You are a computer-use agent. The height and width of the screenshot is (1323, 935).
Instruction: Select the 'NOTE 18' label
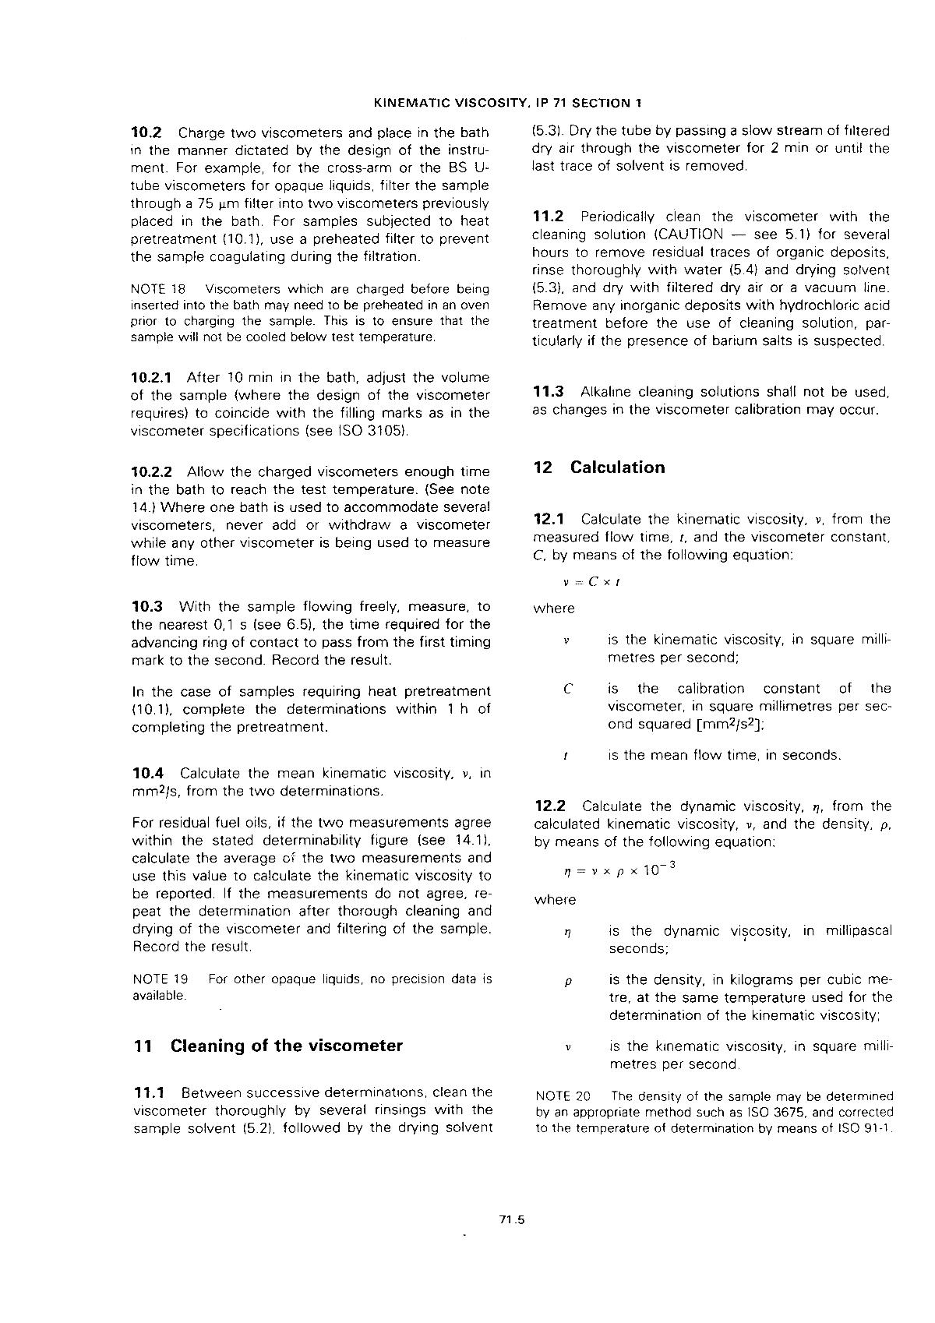pyautogui.click(x=159, y=289)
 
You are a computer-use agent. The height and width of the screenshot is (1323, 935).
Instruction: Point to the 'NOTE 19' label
pyautogui.click(x=161, y=979)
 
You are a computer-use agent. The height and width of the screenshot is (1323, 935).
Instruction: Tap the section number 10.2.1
pyautogui.click(x=155, y=377)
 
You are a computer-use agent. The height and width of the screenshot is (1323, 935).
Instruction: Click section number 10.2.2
pyautogui.click(x=155, y=471)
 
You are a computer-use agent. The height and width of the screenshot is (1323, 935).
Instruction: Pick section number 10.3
pyautogui.click(x=148, y=606)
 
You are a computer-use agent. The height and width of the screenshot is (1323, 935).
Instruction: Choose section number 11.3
pyautogui.click(x=549, y=391)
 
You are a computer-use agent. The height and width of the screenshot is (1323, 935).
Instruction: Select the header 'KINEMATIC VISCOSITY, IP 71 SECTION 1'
pyautogui.click(x=502, y=102)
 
